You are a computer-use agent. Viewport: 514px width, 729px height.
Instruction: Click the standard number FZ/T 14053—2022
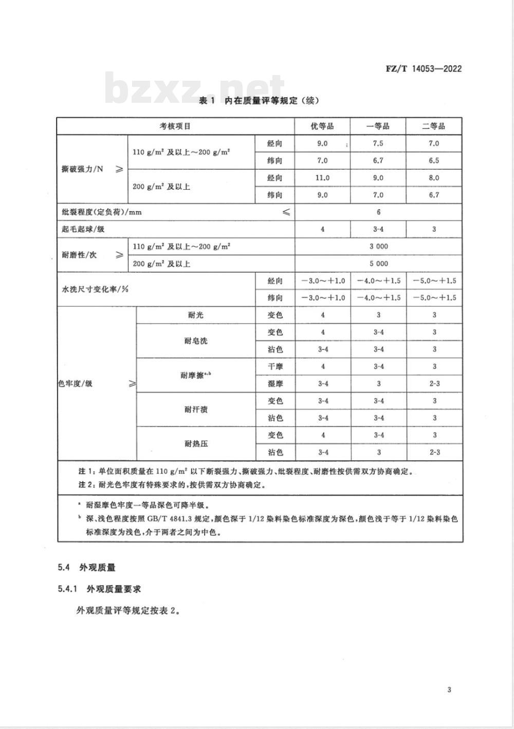(x=423, y=68)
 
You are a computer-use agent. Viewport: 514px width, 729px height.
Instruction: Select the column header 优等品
(x=322, y=126)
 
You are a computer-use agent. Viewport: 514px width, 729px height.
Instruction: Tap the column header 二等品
(x=433, y=126)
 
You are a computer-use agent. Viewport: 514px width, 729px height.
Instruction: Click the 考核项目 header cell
(x=175, y=126)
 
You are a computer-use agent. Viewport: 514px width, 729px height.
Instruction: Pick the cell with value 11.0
(x=322, y=178)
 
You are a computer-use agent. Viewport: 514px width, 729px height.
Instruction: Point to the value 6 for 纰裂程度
(x=378, y=212)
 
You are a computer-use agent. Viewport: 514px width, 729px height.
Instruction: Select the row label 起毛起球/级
(x=83, y=229)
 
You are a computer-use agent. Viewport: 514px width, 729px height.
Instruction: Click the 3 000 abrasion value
(x=378, y=246)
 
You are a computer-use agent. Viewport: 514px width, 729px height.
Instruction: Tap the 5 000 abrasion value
(x=378, y=264)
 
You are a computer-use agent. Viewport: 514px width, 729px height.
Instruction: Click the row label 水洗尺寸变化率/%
(x=95, y=289)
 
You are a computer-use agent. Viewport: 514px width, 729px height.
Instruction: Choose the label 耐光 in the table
(x=196, y=315)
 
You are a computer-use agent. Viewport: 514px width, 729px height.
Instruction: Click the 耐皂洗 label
(x=196, y=341)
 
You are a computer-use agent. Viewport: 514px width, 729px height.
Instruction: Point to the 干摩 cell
(x=275, y=367)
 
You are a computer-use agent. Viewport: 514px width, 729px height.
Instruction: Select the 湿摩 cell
(x=275, y=384)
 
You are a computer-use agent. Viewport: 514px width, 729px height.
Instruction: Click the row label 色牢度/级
(x=76, y=384)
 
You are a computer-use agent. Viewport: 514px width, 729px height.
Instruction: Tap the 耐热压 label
(x=196, y=444)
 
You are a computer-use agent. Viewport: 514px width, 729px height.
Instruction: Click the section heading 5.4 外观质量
(x=87, y=568)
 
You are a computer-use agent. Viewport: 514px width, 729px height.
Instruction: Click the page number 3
(x=449, y=690)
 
